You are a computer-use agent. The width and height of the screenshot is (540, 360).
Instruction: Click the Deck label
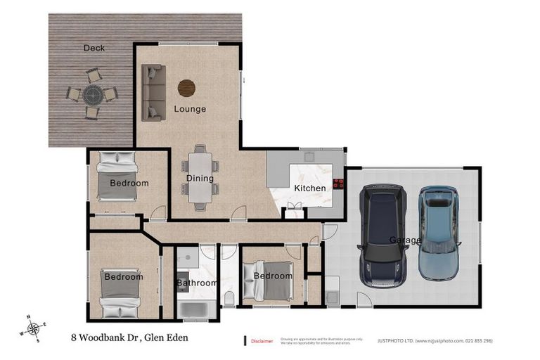pos(94,48)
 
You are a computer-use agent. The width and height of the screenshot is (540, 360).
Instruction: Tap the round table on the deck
pos(92,94)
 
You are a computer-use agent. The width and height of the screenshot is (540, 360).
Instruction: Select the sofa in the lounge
pos(153,92)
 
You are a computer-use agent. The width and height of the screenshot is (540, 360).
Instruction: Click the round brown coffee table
pos(186,88)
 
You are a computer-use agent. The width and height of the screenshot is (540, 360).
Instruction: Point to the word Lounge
pos(190,109)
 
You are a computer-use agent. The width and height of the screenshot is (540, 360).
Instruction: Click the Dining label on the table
pos(200,178)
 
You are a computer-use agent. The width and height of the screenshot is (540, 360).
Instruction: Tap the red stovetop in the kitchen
pos(338,185)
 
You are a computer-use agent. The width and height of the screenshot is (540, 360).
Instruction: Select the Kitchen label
pos(309,188)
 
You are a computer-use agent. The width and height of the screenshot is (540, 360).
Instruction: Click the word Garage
pos(406,240)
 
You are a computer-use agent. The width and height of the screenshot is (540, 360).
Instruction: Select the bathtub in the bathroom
pos(192,308)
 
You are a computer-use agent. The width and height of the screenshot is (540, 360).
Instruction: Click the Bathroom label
pos(197,283)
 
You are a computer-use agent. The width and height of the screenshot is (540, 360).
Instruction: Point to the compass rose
pos(32,328)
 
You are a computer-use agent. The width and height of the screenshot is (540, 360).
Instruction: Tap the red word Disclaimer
pos(262,340)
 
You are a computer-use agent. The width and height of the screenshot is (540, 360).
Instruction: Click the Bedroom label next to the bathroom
pos(271,276)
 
